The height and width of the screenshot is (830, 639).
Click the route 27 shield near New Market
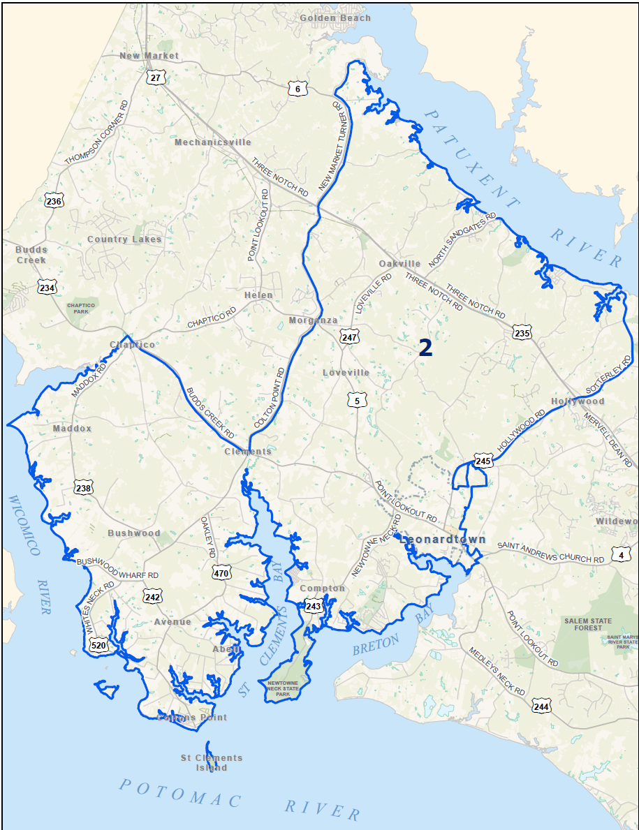(156, 77)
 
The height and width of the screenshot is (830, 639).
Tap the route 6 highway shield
(298, 89)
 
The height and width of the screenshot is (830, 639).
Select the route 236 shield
(54, 201)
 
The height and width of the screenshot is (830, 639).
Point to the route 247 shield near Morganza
(349, 337)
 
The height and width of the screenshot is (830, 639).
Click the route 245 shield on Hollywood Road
(483, 461)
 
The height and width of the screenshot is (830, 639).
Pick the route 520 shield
(99, 646)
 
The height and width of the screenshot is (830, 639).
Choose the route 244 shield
(541, 706)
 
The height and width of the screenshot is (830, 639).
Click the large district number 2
(425, 348)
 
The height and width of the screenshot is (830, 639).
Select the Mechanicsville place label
(212, 142)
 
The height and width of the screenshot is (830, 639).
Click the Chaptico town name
(132, 345)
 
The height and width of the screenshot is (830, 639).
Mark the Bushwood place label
(134, 533)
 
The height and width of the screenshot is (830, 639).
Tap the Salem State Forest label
(588, 624)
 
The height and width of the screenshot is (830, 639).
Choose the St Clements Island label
(212, 762)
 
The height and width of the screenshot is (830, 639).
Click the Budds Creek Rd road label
(210, 412)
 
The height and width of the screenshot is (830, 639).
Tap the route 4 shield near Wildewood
(621, 556)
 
